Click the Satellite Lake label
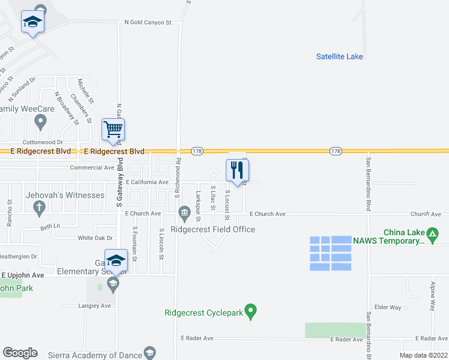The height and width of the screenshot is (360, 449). pos(339,56)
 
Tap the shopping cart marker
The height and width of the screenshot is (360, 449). pos(113,130)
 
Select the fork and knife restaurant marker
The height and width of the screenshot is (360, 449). pos(237,170)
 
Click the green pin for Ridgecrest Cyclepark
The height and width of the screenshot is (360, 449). pos(252,312)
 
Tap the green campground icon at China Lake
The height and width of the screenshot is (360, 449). pos(432,233)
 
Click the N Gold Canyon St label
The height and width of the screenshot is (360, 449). pos(148,22)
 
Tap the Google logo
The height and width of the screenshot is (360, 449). pos(20,353)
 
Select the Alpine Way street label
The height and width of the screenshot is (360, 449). pos(432,296)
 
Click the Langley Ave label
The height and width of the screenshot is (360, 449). pos(95,305)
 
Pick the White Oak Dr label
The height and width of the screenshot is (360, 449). pos(95,238)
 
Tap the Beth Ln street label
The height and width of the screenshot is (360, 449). pos(50,226)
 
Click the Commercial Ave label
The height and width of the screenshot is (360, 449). pos(92,168)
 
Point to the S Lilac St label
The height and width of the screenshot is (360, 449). pos(212,197)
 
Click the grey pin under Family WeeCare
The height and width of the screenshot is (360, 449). pos(40,122)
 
